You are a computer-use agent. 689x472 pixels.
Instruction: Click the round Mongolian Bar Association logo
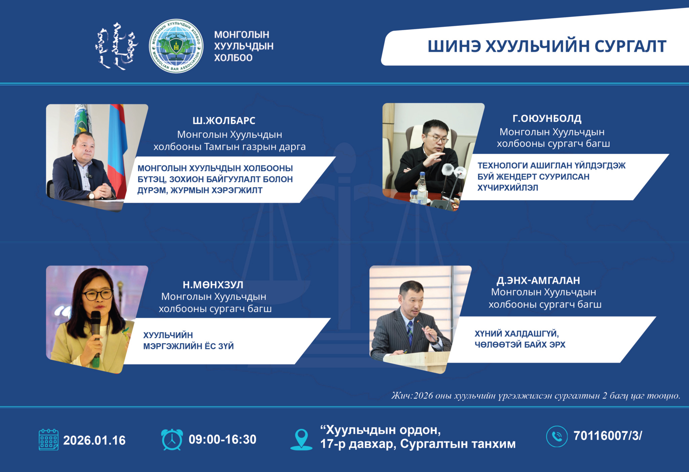[176, 46]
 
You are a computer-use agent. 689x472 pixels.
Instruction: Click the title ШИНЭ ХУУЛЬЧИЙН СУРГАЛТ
[547, 46]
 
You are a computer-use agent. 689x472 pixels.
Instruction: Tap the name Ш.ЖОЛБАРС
[224, 121]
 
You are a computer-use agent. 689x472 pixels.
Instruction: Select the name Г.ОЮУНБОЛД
[547, 119]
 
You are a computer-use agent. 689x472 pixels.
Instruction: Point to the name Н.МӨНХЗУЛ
[213, 285]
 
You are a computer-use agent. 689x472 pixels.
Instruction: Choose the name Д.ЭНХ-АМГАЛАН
[538, 280]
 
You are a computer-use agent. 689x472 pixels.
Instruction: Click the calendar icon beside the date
[48, 440]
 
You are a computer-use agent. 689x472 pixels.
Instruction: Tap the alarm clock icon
[172, 439]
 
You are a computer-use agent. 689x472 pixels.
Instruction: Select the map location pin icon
[301, 439]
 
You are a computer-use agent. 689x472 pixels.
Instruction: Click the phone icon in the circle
[557, 436]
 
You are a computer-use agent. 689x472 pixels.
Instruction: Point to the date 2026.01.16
[95, 440]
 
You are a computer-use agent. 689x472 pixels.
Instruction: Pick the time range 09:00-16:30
[222, 439]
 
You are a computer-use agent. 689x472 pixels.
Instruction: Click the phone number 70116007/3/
[608, 436]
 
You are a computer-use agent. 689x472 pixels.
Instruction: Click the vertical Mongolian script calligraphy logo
[116, 46]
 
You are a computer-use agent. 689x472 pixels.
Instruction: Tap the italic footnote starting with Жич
[536, 396]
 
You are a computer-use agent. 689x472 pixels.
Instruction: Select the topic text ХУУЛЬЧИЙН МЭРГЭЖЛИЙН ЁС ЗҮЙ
[188, 340]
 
